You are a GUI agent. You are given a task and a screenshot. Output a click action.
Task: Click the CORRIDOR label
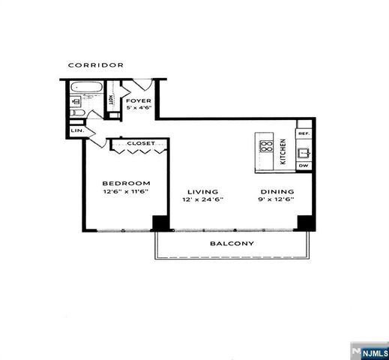point(96,65)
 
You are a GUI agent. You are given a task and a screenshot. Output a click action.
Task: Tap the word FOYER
point(138,100)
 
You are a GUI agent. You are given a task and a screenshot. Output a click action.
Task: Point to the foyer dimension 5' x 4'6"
point(139,108)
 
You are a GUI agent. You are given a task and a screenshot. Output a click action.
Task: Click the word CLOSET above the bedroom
point(140,142)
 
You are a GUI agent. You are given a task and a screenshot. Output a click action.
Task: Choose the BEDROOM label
point(126,183)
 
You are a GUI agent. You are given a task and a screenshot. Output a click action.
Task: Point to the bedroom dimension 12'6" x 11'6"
point(126,192)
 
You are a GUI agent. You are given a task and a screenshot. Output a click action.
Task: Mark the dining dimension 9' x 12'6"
point(276,200)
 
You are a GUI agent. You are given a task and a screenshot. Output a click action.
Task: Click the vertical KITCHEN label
point(283,151)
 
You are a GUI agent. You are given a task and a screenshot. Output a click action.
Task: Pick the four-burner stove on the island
point(267,146)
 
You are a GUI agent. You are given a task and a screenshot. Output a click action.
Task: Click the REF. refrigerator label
point(304,133)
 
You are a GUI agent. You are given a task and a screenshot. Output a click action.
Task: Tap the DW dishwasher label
point(304,165)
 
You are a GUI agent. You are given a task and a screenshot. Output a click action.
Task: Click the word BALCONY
point(232,243)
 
